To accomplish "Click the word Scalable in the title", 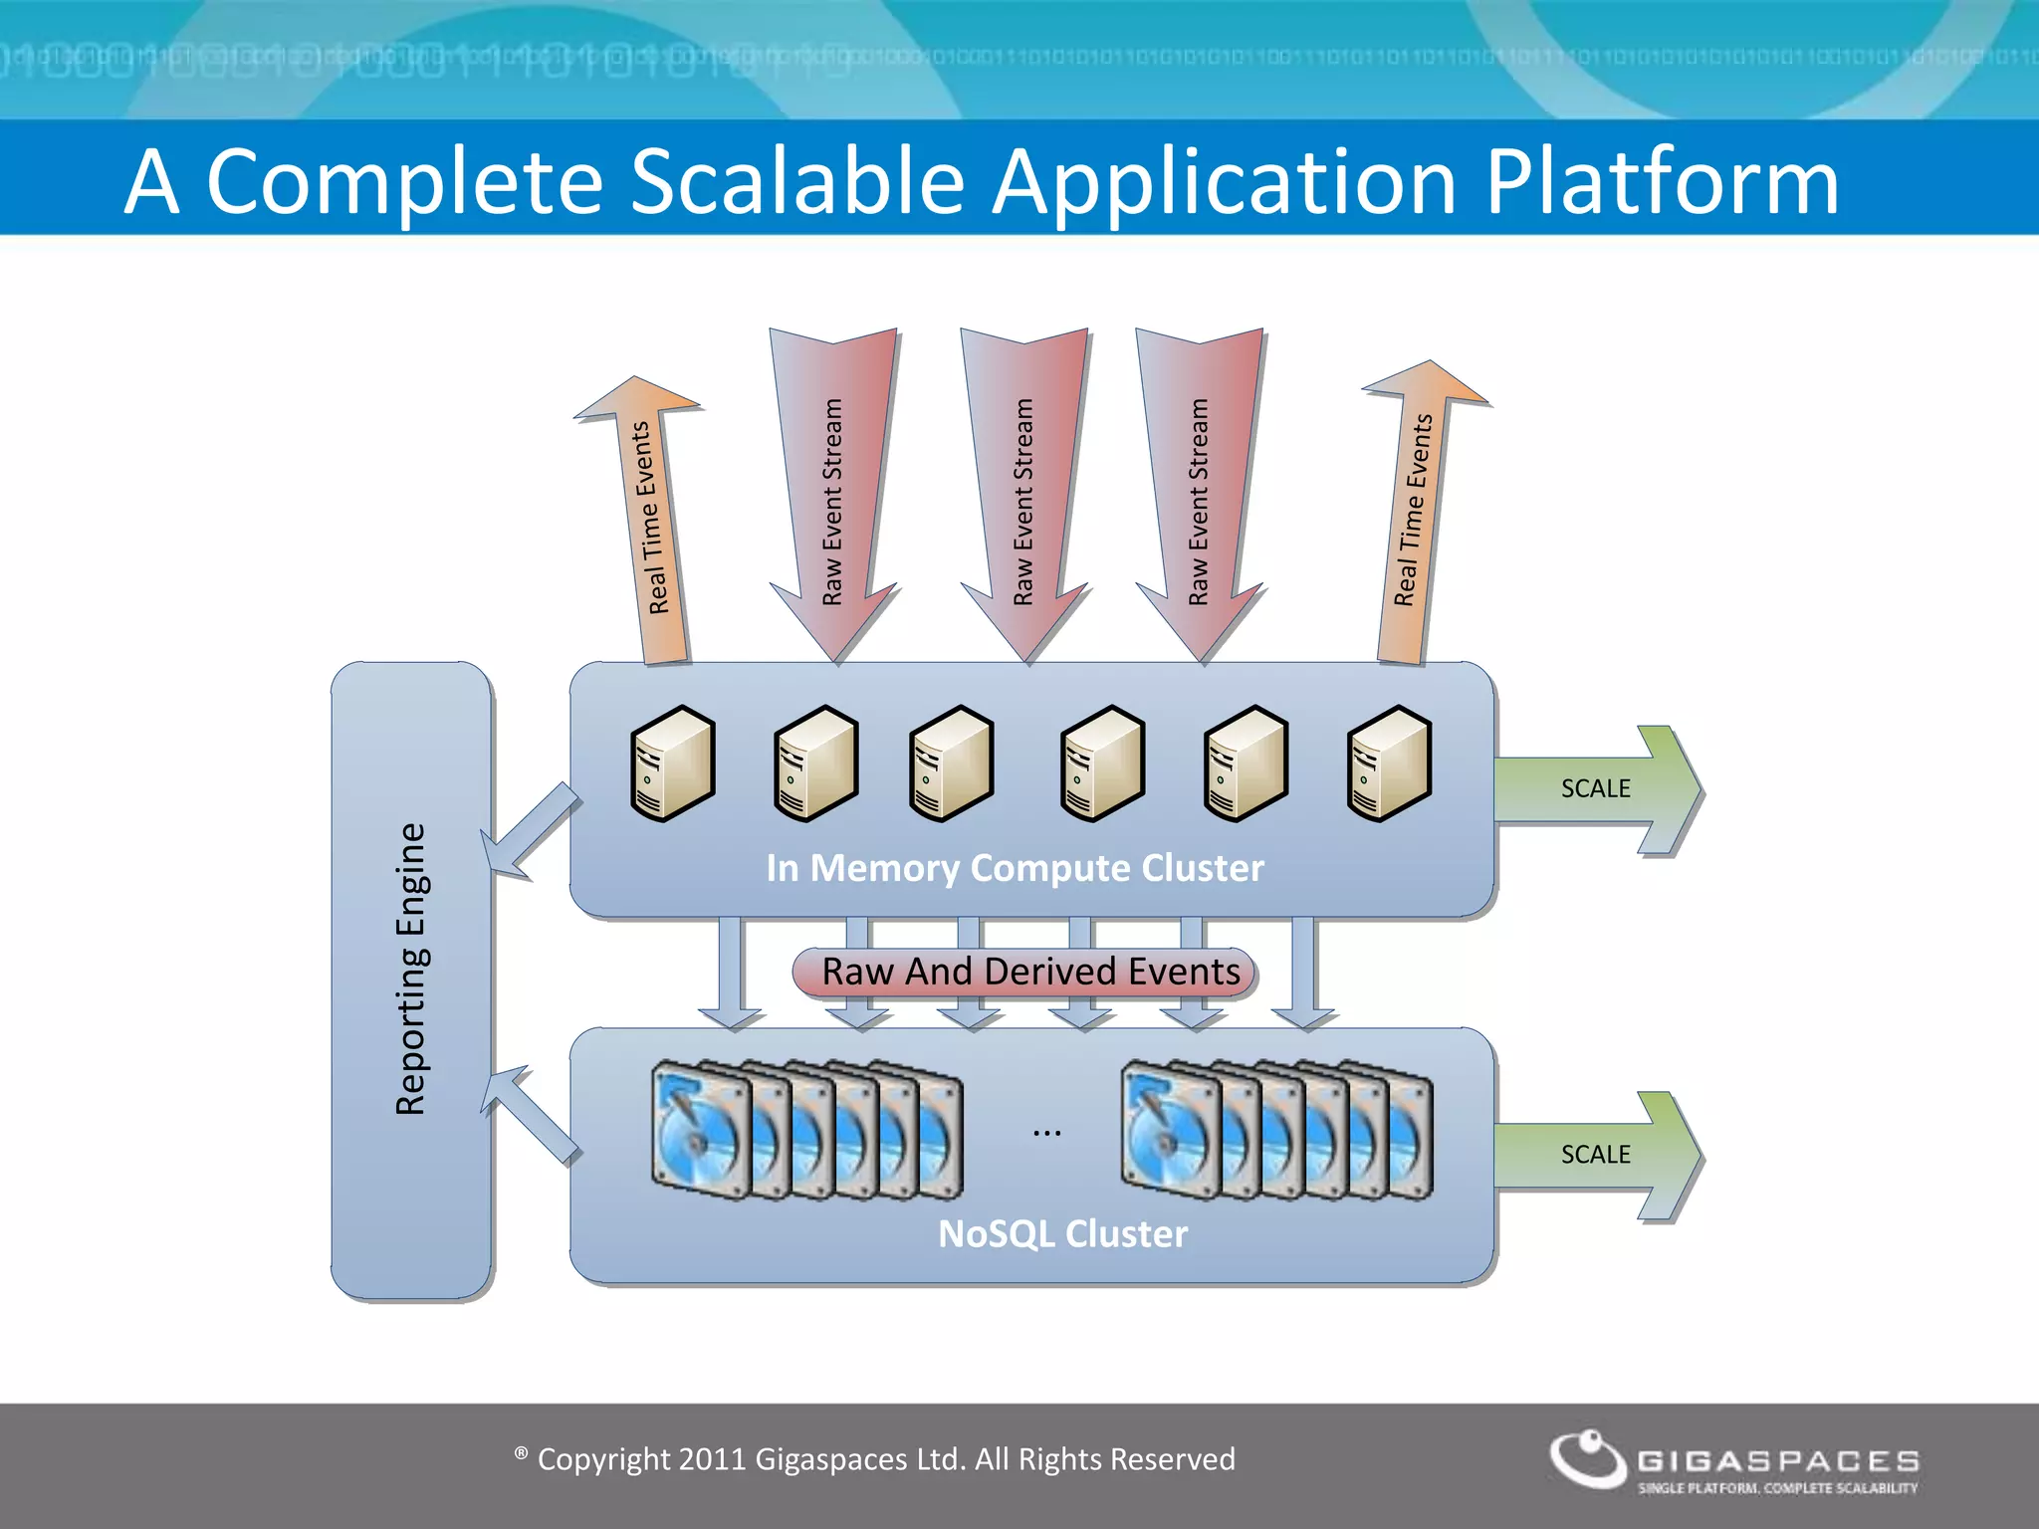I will (796, 181).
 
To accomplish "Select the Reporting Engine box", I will (411, 981).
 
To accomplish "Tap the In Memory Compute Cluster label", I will (1015, 868).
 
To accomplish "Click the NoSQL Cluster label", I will (1062, 1234).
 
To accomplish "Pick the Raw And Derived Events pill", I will (1025, 972).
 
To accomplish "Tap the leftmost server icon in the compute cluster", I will (673, 764).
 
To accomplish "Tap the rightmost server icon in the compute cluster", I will (1389, 764).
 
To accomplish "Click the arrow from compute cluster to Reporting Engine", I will (529, 832).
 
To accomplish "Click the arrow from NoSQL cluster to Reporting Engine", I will (529, 1113).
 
